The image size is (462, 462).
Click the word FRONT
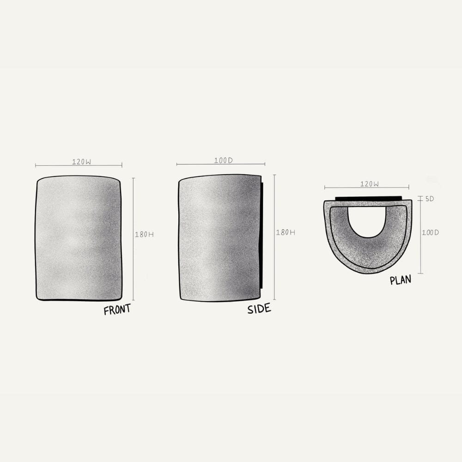[x=117, y=310]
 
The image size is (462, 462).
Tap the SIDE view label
[x=259, y=309]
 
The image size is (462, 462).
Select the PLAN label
[x=400, y=280]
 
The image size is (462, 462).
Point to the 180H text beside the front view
[x=144, y=234]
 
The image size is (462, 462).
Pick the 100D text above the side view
[x=224, y=160]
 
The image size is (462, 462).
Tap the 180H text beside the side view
[x=286, y=232]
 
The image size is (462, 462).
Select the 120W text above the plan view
[x=370, y=184]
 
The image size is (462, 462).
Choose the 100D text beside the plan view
[x=430, y=232]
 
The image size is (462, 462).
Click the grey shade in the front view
[x=79, y=238]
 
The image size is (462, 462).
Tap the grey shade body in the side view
[x=219, y=238]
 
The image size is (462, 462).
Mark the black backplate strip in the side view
[x=262, y=236]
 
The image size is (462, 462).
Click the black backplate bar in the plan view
[x=368, y=198]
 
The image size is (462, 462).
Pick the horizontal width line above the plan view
[x=342, y=188]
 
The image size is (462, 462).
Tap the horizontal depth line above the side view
[x=194, y=164]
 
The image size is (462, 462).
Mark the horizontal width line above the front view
[x=51, y=165]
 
